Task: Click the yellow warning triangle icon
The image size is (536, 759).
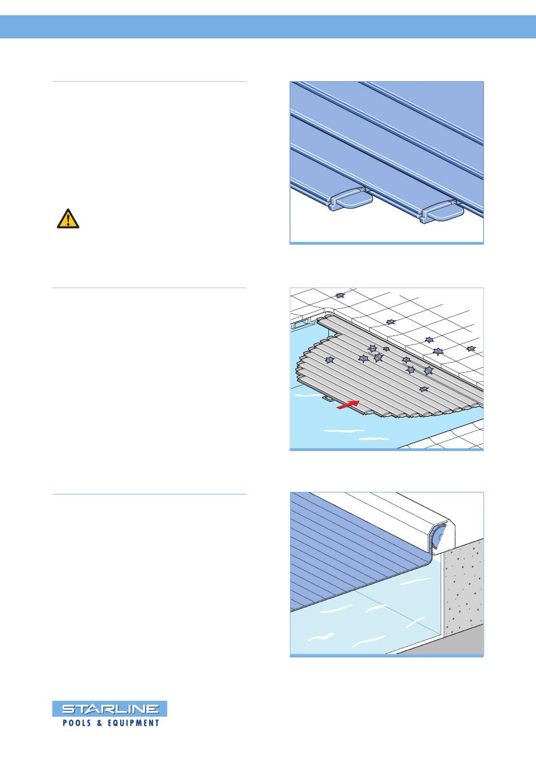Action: (x=68, y=219)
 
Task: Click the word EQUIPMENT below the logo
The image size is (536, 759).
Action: (x=133, y=723)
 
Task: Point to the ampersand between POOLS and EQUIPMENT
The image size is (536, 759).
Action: (x=99, y=723)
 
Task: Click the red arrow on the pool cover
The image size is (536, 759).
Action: (x=348, y=404)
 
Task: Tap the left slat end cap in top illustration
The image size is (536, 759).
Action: (x=351, y=199)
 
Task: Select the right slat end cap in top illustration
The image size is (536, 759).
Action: (x=442, y=212)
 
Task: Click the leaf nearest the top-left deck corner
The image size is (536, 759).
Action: (x=340, y=295)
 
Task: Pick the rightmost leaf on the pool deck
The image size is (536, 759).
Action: (x=471, y=348)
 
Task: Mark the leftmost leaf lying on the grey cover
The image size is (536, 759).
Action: (x=329, y=360)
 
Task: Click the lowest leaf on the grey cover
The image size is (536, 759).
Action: (x=423, y=389)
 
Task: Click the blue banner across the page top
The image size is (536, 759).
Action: (x=268, y=27)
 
